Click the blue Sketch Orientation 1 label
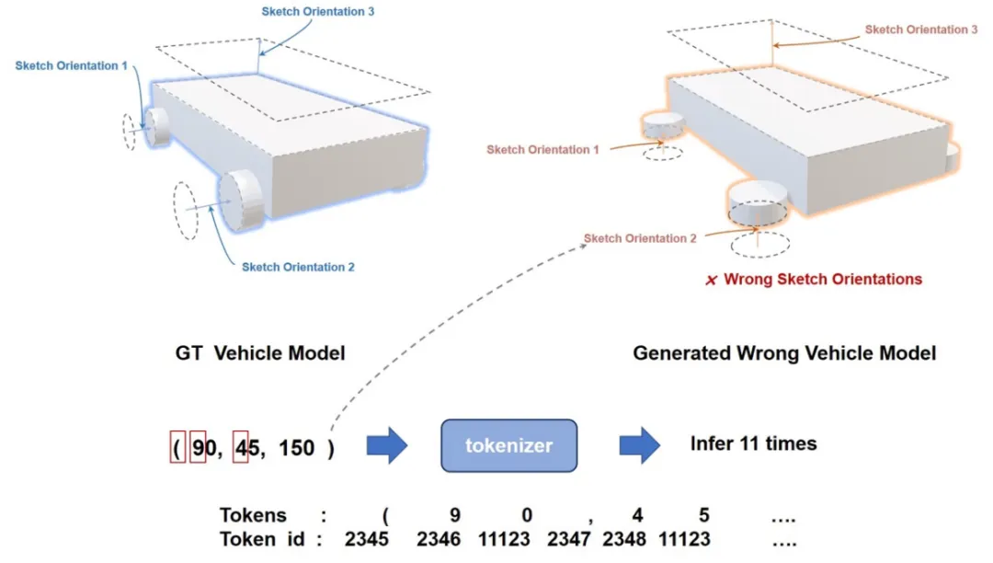point(72,65)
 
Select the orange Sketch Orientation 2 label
point(640,238)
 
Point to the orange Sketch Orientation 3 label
point(921,30)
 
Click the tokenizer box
point(508,446)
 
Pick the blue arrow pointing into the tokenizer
point(388,446)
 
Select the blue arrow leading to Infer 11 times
point(639,445)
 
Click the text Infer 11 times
point(753,443)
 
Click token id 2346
point(437,539)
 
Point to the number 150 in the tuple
point(295,448)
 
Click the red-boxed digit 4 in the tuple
point(241,448)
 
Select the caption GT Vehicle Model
point(260,352)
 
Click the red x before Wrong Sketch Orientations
point(710,279)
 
